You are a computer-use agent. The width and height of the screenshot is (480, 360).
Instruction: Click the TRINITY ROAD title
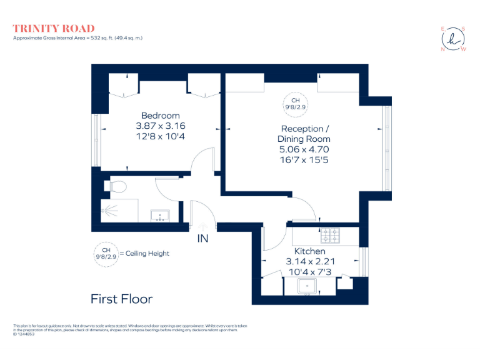(x=54, y=28)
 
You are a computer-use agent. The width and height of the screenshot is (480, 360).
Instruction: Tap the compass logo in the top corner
(x=453, y=39)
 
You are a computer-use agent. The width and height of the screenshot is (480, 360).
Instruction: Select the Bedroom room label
(x=160, y=116)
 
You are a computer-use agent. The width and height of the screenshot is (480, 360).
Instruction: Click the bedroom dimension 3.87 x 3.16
(x=160, y=126)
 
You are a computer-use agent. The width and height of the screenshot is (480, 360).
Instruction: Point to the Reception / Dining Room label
(x=304, y=134)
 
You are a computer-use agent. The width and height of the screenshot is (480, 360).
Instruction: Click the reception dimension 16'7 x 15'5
(x=304, y=159)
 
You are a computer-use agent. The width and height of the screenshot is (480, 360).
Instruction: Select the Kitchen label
(x=311, y=251)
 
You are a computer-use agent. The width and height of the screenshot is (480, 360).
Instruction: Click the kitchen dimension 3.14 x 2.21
(x=311, y=261)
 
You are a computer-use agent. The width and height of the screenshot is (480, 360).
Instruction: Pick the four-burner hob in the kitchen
(x=330, y=236)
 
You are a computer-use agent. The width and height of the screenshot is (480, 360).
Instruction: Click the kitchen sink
(x=307, y=287)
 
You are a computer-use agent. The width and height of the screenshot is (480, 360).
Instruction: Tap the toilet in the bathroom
(x=118, y=186)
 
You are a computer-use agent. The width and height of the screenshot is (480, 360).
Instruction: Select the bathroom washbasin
(x=162, y=216)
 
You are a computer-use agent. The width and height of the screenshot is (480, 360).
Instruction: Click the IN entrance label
(x=203, y=238)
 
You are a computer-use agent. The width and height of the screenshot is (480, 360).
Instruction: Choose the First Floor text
(x=121, y=299)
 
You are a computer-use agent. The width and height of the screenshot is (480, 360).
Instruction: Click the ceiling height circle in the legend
(x=106, y=253)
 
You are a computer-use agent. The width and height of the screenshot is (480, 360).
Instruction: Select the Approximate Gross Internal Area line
(x=78, y=39)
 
